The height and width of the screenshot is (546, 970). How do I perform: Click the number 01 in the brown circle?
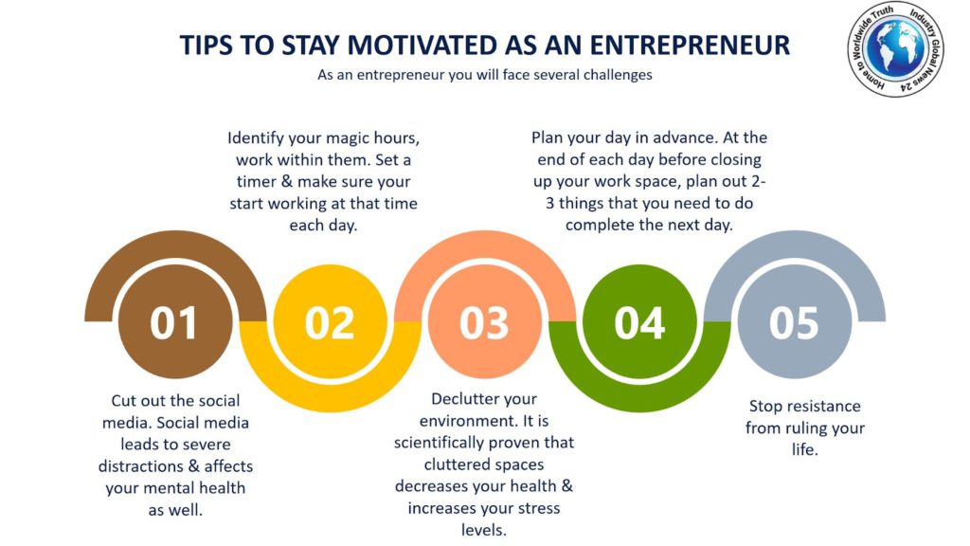click(173, 323)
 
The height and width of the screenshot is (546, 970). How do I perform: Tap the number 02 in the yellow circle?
click(329, 323)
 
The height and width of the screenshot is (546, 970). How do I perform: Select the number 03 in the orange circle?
click(484, 323)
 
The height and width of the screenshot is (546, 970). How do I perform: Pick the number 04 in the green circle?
click(639, 323)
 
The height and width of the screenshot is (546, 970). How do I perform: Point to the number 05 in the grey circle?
click(794, 323)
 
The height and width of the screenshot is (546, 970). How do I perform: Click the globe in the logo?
click(894, 47)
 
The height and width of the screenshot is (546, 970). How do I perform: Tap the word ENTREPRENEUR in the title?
click(690, 45)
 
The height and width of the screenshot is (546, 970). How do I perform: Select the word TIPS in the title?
click(206, 45)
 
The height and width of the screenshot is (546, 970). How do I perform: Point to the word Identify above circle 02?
click(255, 138)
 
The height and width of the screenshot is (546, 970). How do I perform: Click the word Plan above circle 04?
click(547, 137)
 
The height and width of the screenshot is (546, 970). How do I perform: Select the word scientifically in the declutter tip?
click(436, 444)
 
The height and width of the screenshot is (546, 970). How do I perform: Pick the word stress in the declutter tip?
click(538, 509)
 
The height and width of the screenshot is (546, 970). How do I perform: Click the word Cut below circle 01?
click(123, 401)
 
